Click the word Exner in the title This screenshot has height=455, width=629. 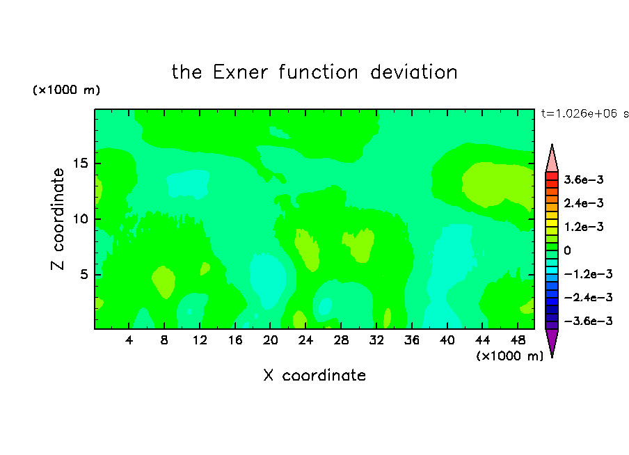[240, 72]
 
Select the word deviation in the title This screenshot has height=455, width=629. [413, 72]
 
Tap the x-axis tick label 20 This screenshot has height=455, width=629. [270, 340]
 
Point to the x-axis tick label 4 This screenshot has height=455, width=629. [129, 340]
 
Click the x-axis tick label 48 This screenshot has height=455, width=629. [518, 340]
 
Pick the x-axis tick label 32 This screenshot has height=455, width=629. [376, 340]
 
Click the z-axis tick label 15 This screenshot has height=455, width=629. [81, 163]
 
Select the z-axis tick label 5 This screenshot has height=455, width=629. [84, 274]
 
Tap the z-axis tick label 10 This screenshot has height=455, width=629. [81, 219]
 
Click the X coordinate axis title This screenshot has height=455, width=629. [314, 376]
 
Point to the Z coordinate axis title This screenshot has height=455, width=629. [57, 219]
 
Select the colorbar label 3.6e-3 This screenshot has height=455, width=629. [584, 179]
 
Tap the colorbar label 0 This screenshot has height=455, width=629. [567, 250]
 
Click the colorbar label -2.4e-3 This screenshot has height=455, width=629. [588, 298]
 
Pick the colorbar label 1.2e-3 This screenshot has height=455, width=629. [584, 227]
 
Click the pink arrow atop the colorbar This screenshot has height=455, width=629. [552, 158]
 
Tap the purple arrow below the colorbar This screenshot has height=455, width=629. [552, 342]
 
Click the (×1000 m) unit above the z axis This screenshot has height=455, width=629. [66, 90]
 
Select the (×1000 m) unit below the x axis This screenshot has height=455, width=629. [509, 356]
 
